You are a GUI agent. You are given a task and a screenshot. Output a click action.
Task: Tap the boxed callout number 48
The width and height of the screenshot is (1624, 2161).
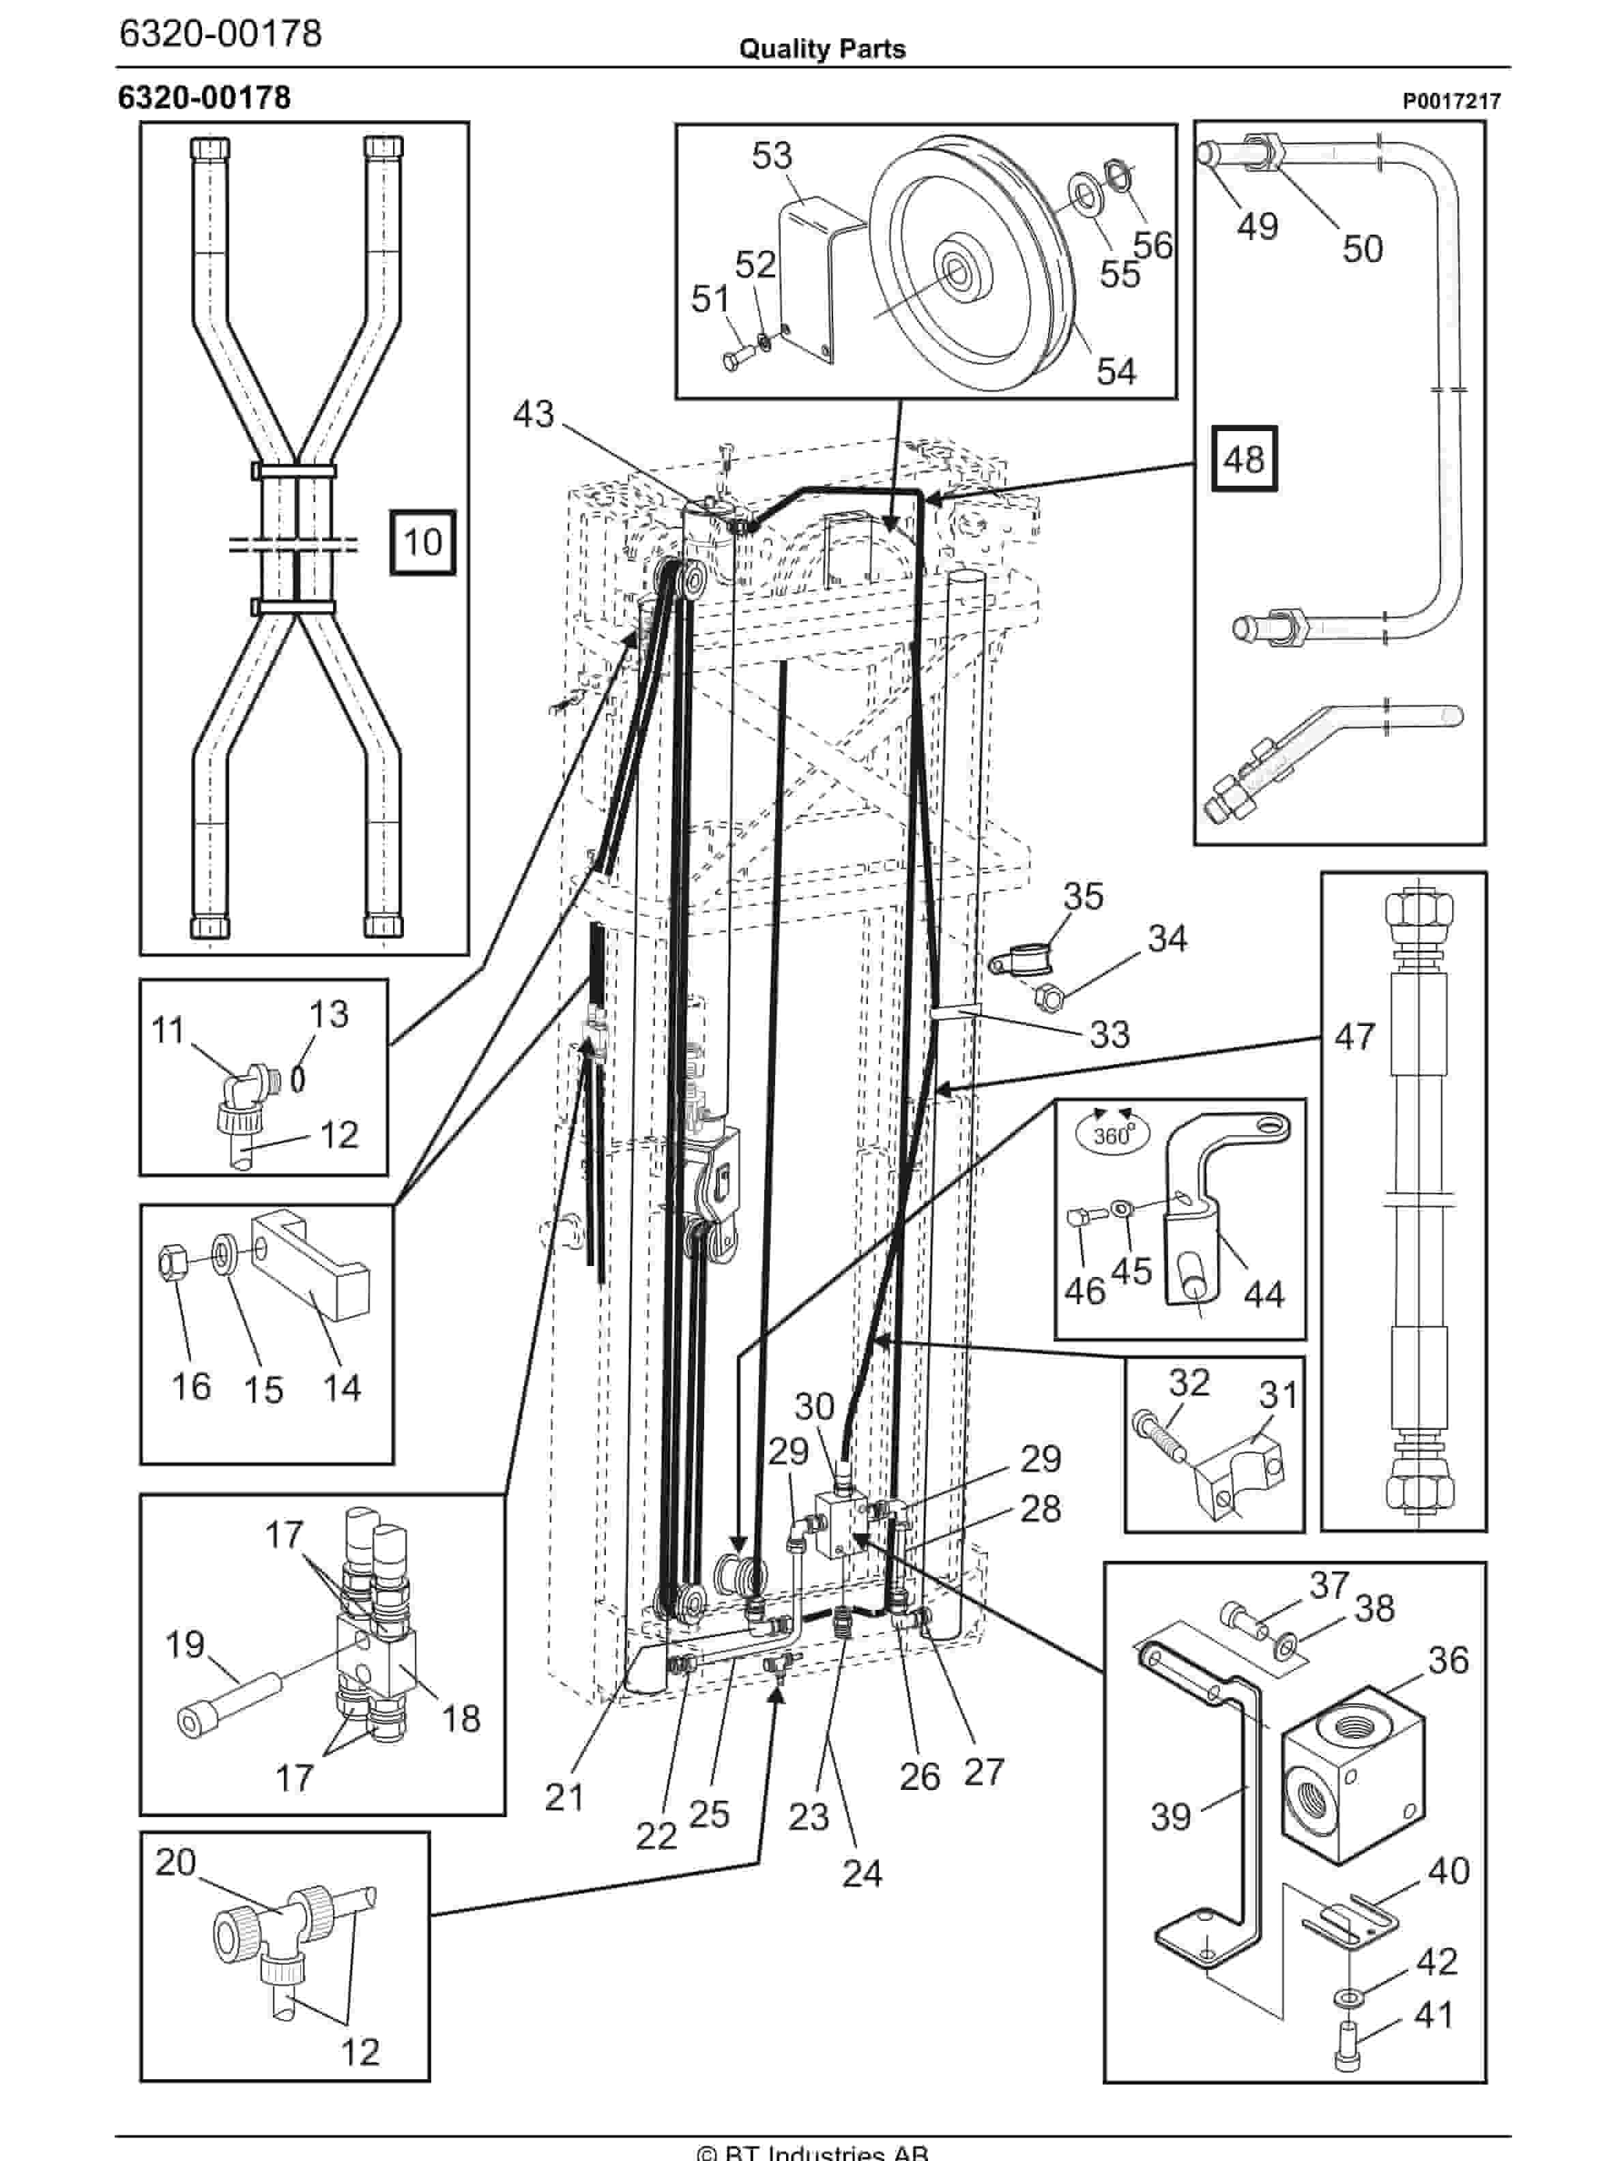tap(1244, 458)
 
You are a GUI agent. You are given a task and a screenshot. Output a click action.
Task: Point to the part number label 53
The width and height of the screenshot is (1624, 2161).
tap(771, 156)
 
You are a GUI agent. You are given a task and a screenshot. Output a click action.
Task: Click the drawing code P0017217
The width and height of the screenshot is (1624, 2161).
tap(1451, 102)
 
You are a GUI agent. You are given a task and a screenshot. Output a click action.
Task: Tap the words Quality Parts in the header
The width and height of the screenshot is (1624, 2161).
tap(822, 49)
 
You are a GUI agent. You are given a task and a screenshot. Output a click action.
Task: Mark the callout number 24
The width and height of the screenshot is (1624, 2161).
tap(862, 1873)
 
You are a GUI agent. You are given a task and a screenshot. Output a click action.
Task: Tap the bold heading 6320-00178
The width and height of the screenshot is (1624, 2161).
tap(204, 98)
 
